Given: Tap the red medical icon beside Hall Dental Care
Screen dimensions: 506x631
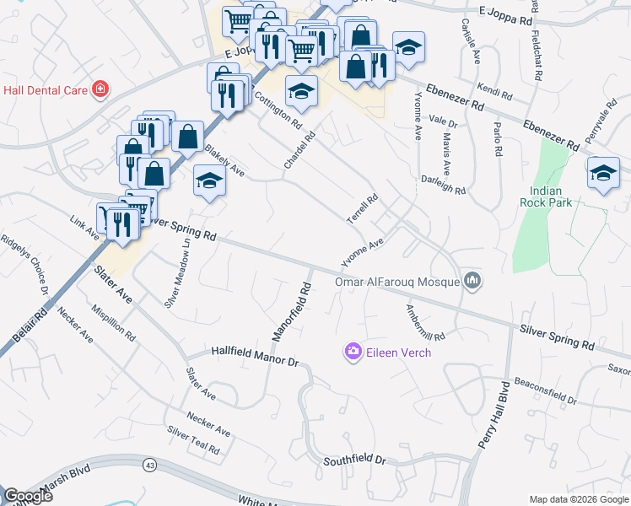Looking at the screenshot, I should click(100, 88).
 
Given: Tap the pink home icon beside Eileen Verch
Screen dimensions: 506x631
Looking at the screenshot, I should click(352, 351).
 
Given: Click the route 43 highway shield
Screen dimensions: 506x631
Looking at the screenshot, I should click(150, 465).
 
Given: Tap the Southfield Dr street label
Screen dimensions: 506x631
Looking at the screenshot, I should click(354, 460).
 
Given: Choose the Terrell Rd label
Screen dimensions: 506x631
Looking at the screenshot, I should click(362, 209).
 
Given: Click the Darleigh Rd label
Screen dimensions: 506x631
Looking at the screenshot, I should click(444, 186).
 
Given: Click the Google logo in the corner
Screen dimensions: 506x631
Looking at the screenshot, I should click(29, 496).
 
